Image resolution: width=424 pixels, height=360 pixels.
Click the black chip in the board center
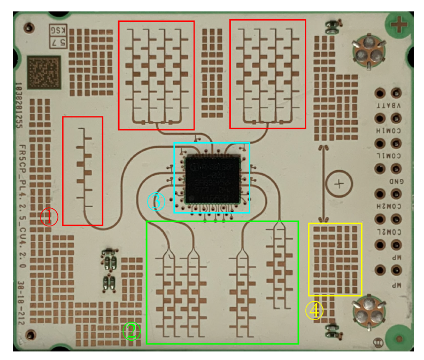pos(212,178)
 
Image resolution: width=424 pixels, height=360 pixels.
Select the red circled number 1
pos(49,217)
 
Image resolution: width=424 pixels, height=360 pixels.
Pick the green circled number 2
pos(132,331)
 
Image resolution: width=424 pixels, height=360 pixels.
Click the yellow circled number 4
pos(315,310)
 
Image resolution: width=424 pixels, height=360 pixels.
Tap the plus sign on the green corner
pos(400,24)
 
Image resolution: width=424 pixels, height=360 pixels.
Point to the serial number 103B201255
pos(19,104)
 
